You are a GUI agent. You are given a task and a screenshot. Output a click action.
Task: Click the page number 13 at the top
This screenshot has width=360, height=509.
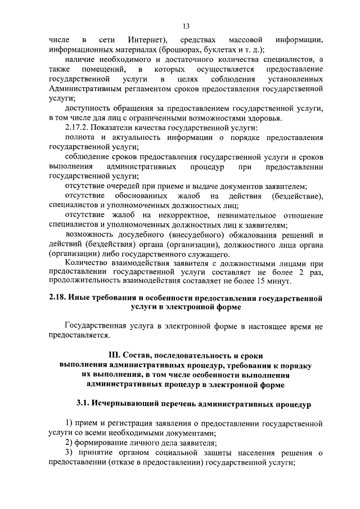[x=186, y=25]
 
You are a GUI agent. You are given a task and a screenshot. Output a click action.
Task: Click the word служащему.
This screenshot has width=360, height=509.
[x=183, y=255]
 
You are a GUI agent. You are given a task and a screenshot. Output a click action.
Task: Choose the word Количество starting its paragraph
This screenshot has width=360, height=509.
[x=84, y=264]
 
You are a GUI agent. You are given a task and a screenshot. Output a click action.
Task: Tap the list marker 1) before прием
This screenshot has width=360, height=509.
[x=70, y=423]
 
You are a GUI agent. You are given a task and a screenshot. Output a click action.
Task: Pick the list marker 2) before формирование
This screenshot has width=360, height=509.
[x=70, y=443]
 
